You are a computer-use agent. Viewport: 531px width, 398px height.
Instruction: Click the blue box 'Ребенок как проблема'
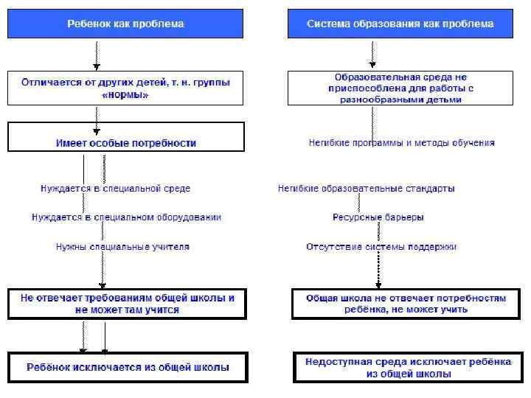pos(125,24)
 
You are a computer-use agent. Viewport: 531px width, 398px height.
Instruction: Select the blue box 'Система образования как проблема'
pos(400,24)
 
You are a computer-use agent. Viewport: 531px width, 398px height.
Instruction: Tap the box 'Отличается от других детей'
pos(125,88)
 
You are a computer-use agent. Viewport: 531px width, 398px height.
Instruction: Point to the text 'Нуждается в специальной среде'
pos(115,188)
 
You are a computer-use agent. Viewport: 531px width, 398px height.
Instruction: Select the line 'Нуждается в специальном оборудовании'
pos(126,217)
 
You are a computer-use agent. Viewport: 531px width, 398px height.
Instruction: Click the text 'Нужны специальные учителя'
pos(122,247)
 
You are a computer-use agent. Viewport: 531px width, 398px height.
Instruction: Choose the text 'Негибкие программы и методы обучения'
pos(401,143)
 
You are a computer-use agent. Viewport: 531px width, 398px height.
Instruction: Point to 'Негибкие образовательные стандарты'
pos(366,188)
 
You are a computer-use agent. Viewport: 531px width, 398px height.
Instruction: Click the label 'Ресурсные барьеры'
pos(378,217)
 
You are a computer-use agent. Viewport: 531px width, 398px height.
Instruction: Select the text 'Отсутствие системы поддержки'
pos(381,247)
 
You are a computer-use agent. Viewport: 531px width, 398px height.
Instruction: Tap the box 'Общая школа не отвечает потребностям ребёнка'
pos(406,304)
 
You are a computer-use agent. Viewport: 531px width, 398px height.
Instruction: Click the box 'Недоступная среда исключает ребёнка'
pos(408,367)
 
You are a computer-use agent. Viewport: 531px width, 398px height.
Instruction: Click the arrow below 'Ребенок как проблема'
pos(97,54)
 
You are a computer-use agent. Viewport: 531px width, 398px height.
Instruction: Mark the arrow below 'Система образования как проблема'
pos(372,54)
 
